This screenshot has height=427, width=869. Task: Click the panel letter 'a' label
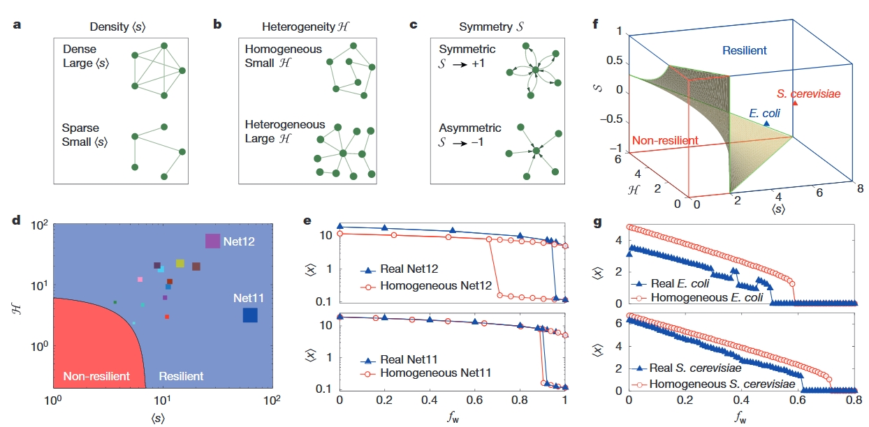point(15,27)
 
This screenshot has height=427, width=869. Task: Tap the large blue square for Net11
point(250,315)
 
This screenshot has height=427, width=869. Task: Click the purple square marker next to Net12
point(213,241)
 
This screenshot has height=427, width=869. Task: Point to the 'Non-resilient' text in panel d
point(96,377)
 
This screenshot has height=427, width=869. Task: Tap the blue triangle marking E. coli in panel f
point(766,123)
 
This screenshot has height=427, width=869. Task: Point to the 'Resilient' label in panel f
point(744,50)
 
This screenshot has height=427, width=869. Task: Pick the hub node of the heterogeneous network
point(343,153)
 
